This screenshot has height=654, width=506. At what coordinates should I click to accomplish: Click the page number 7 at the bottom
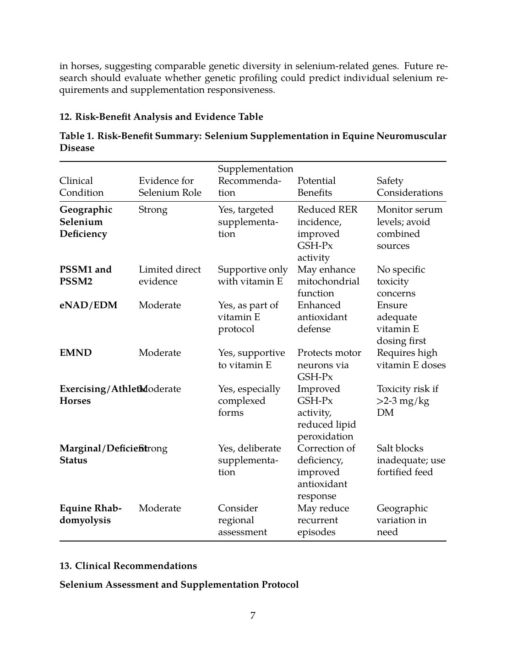coord(253,616)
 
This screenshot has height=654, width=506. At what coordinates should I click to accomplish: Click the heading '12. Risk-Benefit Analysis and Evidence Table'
coord(161,117)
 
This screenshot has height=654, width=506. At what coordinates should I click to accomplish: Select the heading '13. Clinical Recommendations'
coord(128,566)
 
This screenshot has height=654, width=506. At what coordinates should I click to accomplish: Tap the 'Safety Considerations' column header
coord(409,187)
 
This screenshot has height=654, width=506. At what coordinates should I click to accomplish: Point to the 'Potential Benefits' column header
coord(316,187)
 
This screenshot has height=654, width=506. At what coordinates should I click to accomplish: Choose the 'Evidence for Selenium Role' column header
coord(170,187)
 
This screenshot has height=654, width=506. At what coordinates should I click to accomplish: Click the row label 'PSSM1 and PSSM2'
coord(85,275)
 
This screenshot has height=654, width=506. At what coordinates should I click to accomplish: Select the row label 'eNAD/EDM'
coord(88,305)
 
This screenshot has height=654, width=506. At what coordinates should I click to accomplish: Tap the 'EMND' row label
coord(76,353)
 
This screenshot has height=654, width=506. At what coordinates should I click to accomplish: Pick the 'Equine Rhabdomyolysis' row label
coord(91,514)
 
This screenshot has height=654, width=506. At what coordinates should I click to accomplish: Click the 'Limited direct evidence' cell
coord(169,275)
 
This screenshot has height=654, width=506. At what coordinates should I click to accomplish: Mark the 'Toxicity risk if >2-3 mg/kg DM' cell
coord(407,401)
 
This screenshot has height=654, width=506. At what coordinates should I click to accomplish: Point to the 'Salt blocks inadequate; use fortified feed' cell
coord(411,460)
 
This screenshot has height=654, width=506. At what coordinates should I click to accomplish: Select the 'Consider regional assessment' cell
coord(242,520)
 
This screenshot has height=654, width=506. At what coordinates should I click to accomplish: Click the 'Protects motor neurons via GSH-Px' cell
coord(329,365)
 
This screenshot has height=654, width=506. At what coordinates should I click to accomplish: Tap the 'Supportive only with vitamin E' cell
coord(252,275)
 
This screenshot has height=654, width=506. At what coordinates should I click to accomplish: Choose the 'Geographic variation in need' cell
coord(402,520)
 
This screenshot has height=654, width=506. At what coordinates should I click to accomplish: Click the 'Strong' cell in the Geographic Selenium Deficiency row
coord(153,210)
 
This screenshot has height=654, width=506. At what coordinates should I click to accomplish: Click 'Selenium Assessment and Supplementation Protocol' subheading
coord(179,584)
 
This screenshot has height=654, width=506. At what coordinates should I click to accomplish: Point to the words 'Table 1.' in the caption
coord(76,136)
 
